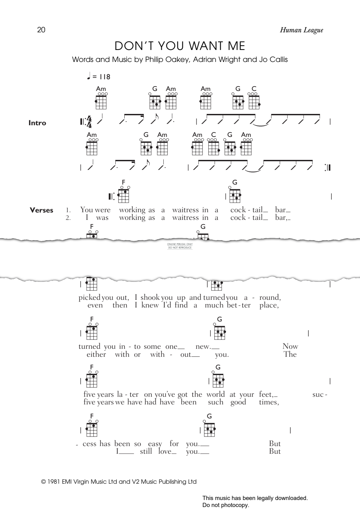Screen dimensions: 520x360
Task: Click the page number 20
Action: coord(41,30)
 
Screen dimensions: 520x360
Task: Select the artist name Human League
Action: coord(301,30)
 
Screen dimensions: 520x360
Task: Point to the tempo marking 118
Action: coord(105,77)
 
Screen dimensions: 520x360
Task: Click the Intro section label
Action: coord(37,123)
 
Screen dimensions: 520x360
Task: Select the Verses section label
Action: coord(42,210)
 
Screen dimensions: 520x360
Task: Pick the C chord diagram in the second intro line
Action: coord(213,147)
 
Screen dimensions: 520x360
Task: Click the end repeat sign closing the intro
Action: coord(327,168)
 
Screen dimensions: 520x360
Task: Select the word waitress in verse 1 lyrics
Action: coord(185,210)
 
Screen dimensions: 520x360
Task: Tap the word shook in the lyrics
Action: coord(150,297)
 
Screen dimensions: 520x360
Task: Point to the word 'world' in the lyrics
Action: coord(215,394)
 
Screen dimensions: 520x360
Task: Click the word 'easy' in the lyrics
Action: coord(155,444)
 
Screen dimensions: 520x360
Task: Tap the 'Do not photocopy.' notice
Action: coord(226,505)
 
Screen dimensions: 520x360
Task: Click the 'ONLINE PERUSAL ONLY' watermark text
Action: coord(180,245)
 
